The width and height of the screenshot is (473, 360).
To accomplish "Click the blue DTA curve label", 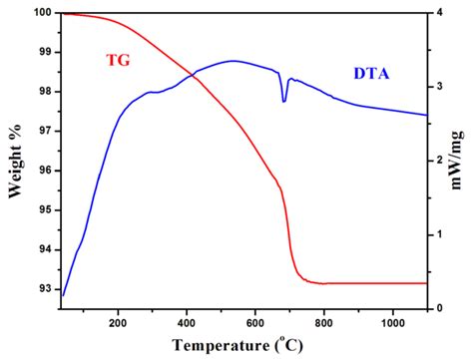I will point(372,73).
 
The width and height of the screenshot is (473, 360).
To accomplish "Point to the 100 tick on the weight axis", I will point(44,13).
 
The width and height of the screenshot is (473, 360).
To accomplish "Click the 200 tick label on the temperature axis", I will point(118,322).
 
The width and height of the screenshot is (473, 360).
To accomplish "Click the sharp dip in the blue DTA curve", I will point(284,101).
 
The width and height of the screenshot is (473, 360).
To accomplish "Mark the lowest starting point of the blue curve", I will point(63,295).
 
